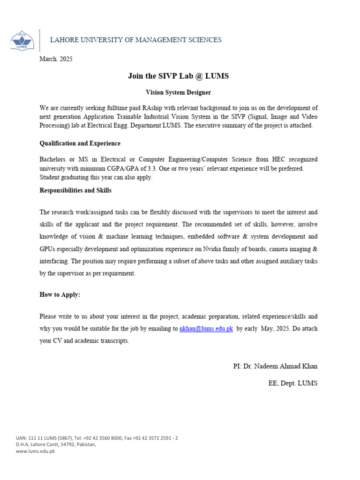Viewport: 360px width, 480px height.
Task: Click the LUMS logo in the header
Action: pos(22,40)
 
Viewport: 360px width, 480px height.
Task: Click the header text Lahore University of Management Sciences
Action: pos(136,40)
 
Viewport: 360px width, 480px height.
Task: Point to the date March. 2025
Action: pos(56,59)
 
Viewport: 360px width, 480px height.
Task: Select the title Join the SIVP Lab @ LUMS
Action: pos(178,76)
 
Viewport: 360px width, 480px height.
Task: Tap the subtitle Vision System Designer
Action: pos(178,93)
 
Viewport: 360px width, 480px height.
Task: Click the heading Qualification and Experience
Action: pos(80,143)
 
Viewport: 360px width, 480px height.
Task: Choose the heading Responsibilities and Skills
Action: pos(75,190)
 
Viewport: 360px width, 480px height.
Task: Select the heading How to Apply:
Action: pos(60,294)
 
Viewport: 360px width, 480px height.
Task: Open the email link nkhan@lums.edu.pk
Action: pos(206,329)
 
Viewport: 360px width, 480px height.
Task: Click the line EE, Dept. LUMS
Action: pos(292,383)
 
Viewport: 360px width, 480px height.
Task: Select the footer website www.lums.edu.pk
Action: pos(36,451)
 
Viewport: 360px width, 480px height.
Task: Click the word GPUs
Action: pos(49,249)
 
